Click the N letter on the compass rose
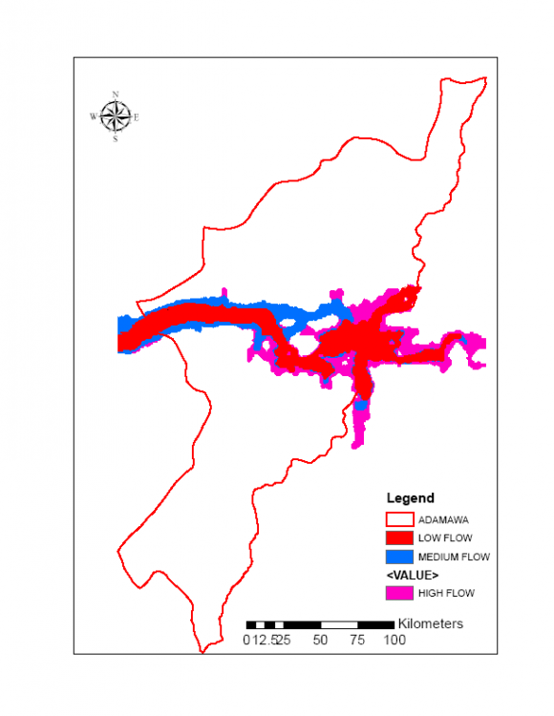click(x=116, y=95)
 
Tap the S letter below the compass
click(x=116, y=139)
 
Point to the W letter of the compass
click(x=94, y=116)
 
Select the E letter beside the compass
click(x=137, y=117)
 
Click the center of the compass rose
click(x=116, y=116)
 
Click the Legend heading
click(x=410, y=498)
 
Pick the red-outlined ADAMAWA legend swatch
click(x=399, y=520)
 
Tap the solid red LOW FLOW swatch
click(x=399, y=538)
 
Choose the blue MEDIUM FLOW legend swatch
click(x=399, y=557)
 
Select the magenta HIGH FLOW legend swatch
click(x=399, y=593)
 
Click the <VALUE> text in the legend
click(x=412, y=576)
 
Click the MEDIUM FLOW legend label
click(x=454, y=557)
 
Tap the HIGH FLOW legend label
click(x=446, y=593)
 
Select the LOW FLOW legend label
click(x=445, y=538)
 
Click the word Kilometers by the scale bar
click(x=431, y=623)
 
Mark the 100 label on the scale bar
click(x=394, y=640)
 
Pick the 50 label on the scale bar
click(x=320, y=640)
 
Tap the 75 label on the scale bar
click(x=357, y=640)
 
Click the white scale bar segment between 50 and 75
click(x=338, y=624)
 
